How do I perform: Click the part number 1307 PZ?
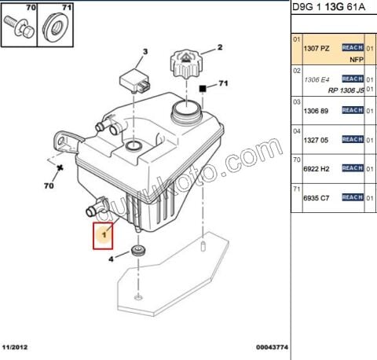[316, 48]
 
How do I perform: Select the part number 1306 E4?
[316, 79]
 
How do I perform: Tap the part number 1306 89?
[316, 111]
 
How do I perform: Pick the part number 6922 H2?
[316, 167]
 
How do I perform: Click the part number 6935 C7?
[316, 198]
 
